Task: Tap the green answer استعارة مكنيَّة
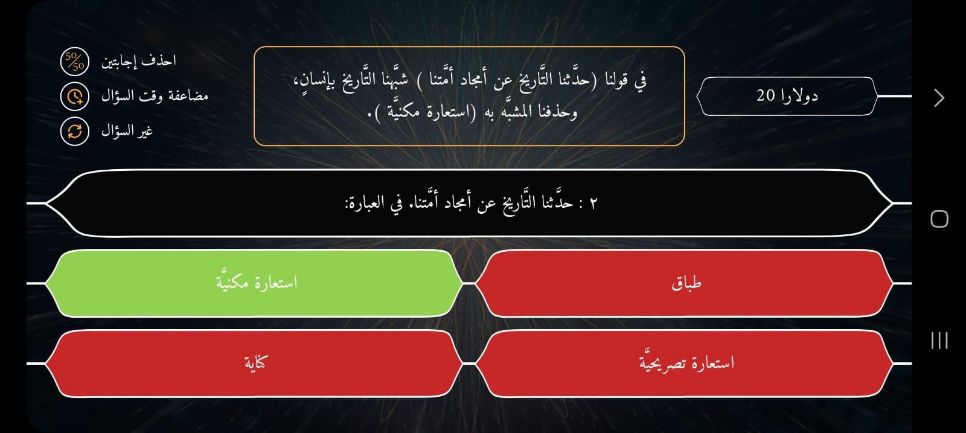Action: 254,283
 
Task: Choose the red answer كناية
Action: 254,363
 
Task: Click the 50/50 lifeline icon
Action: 75,61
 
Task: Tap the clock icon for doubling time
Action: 75,96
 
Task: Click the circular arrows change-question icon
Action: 75,131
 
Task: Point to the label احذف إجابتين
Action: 138,61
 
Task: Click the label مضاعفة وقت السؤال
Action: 155,96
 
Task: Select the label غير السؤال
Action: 127,130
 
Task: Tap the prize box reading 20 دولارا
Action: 787,96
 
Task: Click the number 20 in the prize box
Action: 766,96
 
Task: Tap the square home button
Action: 939,219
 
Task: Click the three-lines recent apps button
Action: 939,340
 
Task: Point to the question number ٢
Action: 593,203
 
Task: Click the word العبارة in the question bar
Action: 366,202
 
